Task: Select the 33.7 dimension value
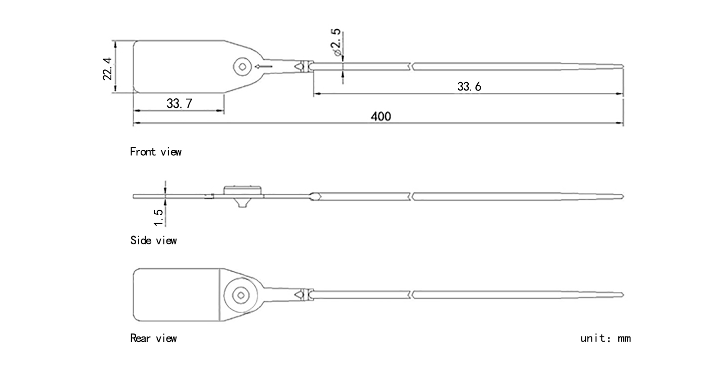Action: [x=179, y=103]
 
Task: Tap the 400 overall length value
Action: [x=380, y=116]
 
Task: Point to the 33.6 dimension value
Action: [x=469, y=86]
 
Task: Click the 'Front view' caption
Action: [x=156, y=152]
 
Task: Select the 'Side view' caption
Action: [x=153, y=241]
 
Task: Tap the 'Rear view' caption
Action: [x=153, y=339]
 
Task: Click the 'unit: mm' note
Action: [x=605, y=339]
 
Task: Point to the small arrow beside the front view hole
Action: [x=263, y=66]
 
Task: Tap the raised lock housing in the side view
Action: [x=243, y=190]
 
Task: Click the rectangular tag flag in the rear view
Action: [x=177, y=295]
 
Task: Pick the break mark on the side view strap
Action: [x=411, y=196]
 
